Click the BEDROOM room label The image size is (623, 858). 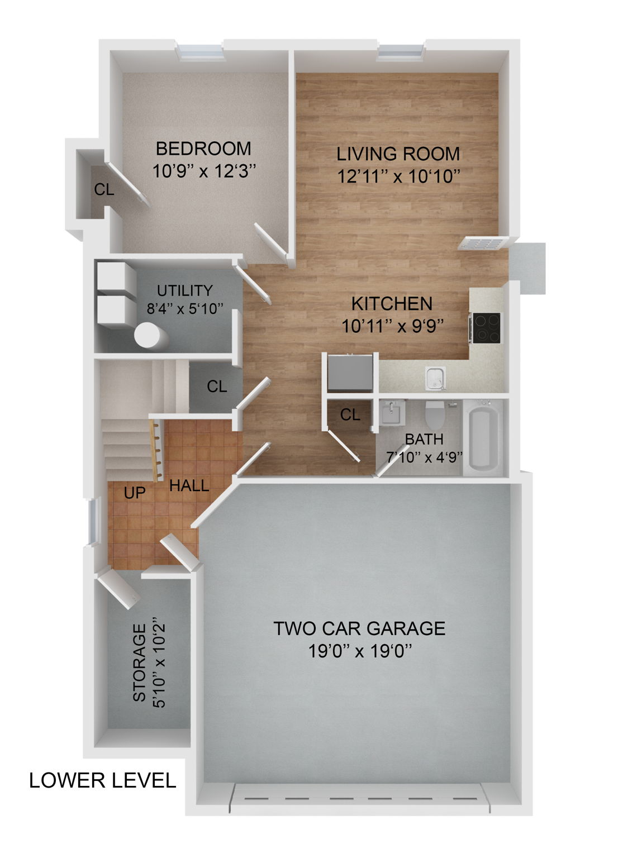[203, 149]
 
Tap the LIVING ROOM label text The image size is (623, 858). [398, 153]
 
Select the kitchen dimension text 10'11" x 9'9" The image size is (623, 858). [393, 326]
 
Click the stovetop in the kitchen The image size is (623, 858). [487, 327]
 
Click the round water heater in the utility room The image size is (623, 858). [150, 336]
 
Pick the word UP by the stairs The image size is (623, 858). [135, 492]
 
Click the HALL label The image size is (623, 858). [189, 485]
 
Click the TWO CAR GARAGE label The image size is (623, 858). [359, 628]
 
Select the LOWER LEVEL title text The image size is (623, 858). [103, 780]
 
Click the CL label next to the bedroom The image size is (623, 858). [104, 190]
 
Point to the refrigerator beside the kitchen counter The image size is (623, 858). [350, 372]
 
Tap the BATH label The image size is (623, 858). [424, 439]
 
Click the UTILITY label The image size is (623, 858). [184, 290]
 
